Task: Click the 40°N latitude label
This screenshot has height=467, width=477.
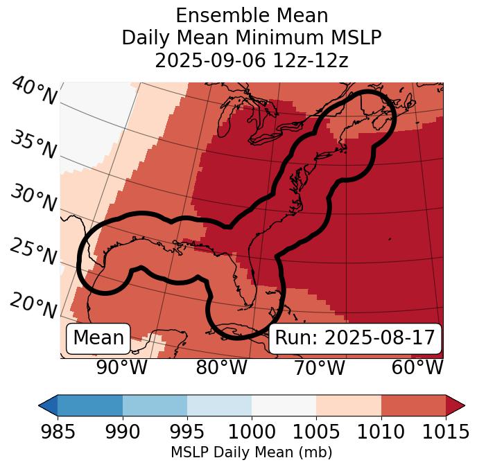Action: tap(34, 91)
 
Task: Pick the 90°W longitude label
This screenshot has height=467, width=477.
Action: tap(122, 367)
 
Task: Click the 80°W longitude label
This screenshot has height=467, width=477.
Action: tap(221, 367)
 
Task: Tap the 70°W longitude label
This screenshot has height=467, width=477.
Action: tap(319, 367)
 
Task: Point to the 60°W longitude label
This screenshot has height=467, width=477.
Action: tap(417, 367)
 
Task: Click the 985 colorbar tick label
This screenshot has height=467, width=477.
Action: tap(58, 432)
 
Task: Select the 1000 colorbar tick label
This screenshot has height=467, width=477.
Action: tap(252, 432)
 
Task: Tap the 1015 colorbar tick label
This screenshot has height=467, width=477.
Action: tap(446, 432)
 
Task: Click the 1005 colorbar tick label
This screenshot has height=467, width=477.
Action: tap(316, 432)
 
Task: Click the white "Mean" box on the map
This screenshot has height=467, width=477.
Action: tap(98, 338)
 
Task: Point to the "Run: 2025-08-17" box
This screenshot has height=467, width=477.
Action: tap(355, 338)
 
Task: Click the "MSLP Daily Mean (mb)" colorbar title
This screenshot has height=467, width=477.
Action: tap(251, 452)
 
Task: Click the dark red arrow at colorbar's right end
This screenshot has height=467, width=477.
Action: tap(455, 405)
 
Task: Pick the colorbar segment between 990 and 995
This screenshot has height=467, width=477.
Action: tap(155, 405)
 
